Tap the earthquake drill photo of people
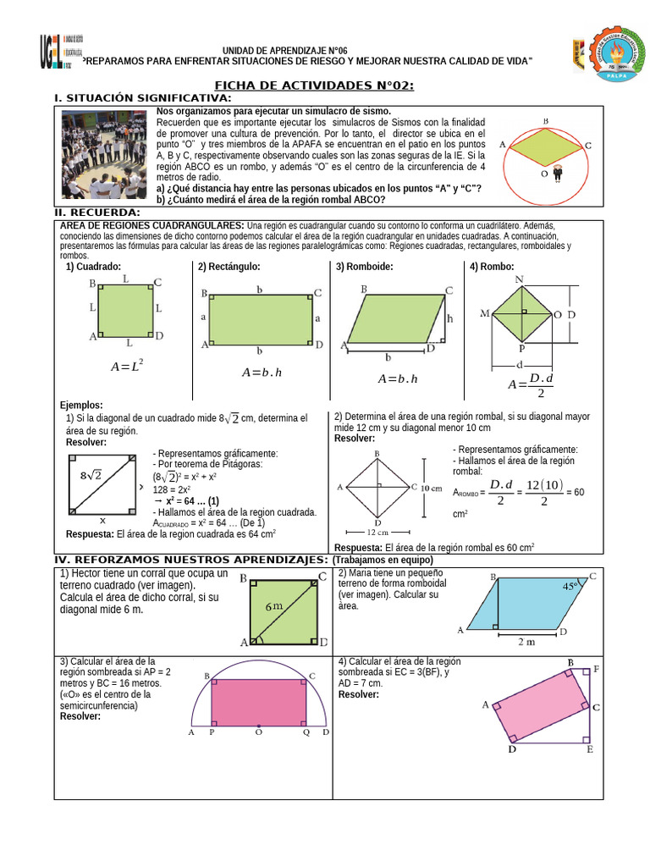tap(106, 156)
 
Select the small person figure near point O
tap(558, 174)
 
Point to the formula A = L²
tap(127, 367)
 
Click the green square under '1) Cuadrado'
tap(126, 311)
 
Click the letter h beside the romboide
tap(450, 319)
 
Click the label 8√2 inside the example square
tap(91, 476)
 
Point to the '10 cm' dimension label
tap(431, 488)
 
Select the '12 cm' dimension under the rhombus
tap(377, 533)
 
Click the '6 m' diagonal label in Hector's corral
tap(274, 607)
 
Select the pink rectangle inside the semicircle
tap(259, 700)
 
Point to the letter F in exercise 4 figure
tap(596, 669)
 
